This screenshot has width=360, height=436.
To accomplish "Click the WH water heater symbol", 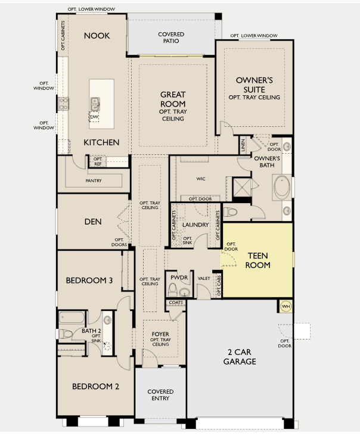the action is point(285,306).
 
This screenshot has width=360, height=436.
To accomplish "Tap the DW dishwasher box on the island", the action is point(94,117).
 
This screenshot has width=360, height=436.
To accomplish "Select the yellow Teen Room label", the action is point(257,260).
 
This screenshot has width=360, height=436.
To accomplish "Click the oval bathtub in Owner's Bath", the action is point(282,187).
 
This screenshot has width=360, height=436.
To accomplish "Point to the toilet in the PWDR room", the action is point(172,289).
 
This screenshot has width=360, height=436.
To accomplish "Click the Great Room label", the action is point(173,99).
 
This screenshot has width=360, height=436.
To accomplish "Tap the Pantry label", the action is point(94,180).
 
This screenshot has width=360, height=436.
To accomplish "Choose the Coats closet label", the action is point(176,302).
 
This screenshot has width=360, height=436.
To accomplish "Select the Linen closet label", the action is point(243,145).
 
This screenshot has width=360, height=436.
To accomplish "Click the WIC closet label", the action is point(201,179).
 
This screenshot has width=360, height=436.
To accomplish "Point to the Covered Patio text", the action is point(171,38).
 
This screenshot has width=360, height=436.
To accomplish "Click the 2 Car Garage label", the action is point(240,357).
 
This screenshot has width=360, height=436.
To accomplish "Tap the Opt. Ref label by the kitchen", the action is point(98,161).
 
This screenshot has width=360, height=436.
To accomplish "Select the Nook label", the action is point(97,36).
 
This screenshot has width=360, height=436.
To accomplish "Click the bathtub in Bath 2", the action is point(71,318).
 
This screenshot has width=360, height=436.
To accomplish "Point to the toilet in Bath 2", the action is point(66,334).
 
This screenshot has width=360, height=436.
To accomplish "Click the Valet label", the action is point(204,278).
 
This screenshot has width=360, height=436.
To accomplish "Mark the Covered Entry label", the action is point(160,395).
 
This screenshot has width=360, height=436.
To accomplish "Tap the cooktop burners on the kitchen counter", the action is point(64,104).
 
